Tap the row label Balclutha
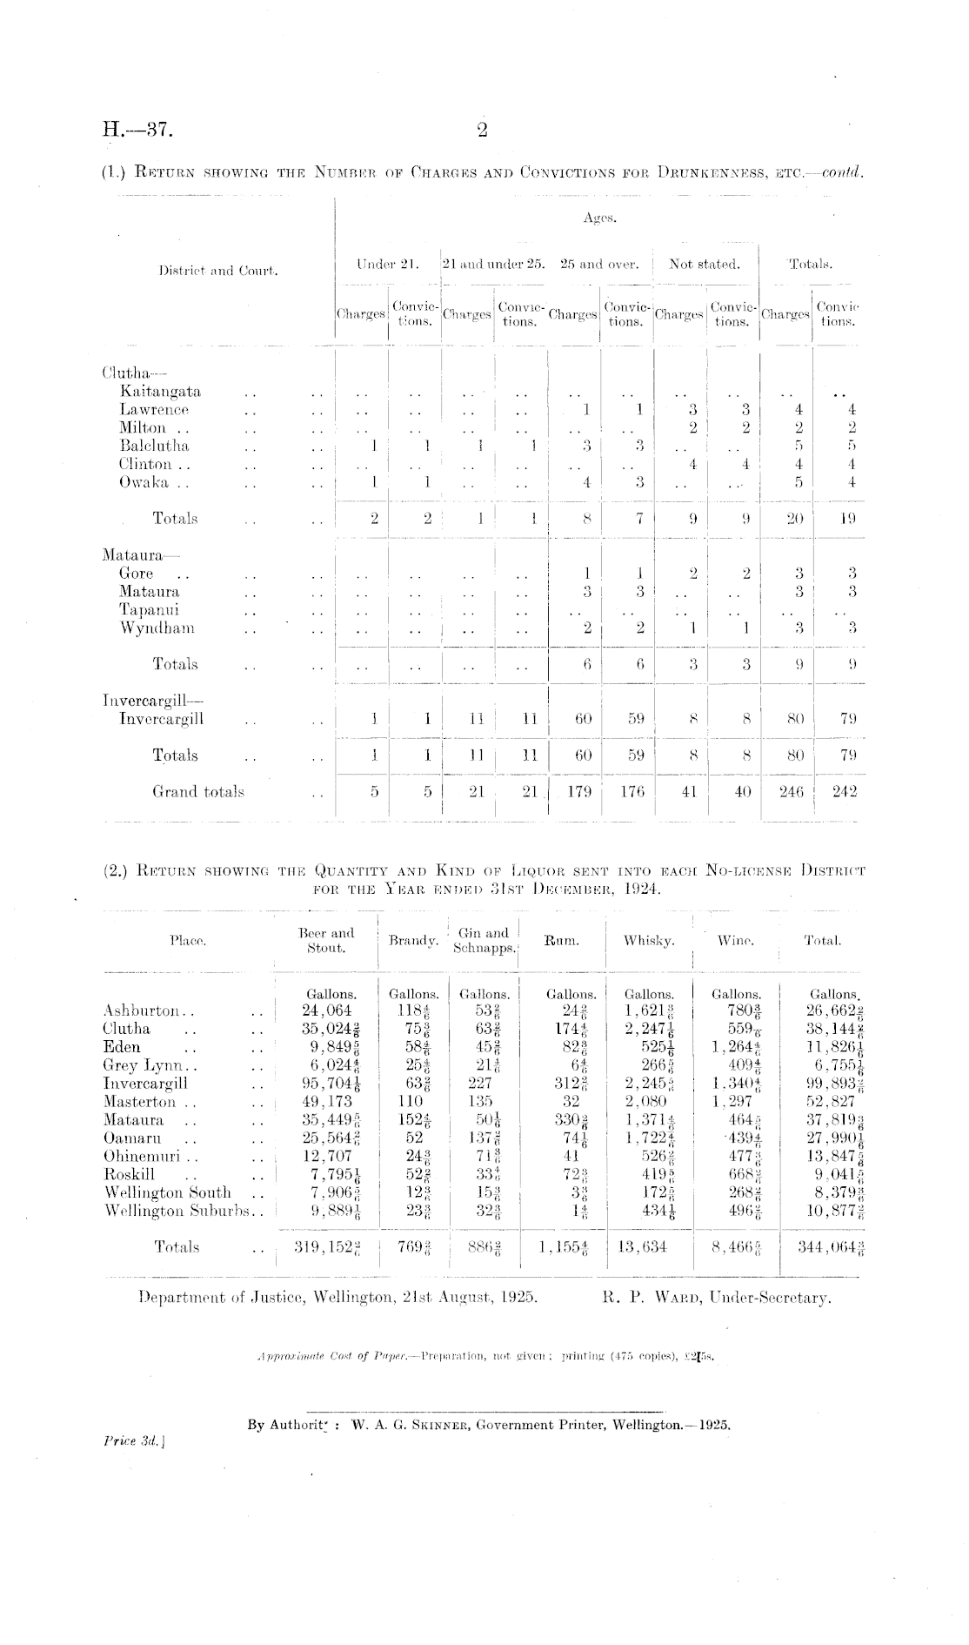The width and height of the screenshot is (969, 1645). coord(154,446)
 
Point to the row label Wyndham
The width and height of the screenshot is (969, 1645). coord(157,628)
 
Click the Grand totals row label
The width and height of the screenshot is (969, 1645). coord(198,792)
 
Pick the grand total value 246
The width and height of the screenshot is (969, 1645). coord(785,792)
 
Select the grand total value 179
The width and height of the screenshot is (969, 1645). coord(573,792)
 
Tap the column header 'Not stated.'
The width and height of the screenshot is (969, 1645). coord(705,265)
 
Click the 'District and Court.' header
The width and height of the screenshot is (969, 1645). coord(218,271)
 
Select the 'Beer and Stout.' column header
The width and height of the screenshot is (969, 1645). coord(324,940)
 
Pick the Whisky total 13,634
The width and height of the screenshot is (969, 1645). coord(644,1247)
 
